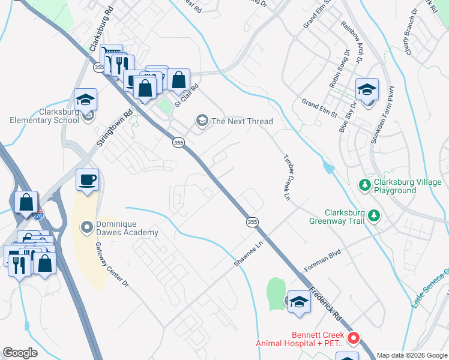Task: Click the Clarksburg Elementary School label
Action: click(x=44, y=116)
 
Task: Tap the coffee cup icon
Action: click(x=87, y=180)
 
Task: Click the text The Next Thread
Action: click(x=242, y=121)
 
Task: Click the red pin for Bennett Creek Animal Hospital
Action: click(x=354, y=339)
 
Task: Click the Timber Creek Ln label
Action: click(x=287, y=177)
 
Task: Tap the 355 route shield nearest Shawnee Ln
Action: click(x=252, y=222)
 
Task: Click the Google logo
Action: click(x=20, y=353)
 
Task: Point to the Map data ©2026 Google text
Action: click(x=411, y=355)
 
